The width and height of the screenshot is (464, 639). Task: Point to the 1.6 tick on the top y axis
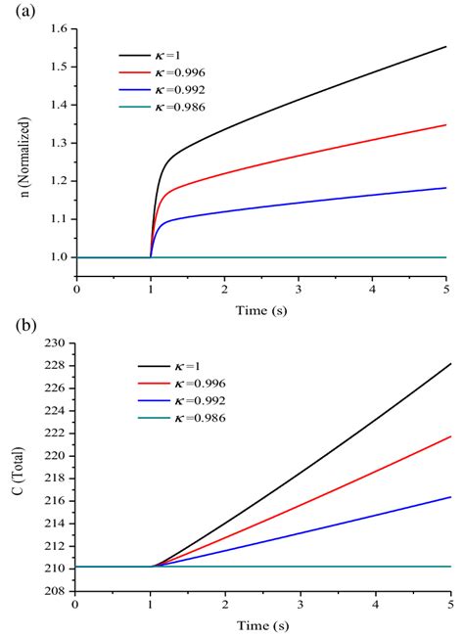tap(59, 29)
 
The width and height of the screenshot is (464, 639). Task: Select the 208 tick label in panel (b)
tap(58, 590)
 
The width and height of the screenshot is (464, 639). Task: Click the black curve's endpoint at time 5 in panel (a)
tap(445, 46)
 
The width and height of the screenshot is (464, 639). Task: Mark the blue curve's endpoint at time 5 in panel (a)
tap(445, 188)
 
